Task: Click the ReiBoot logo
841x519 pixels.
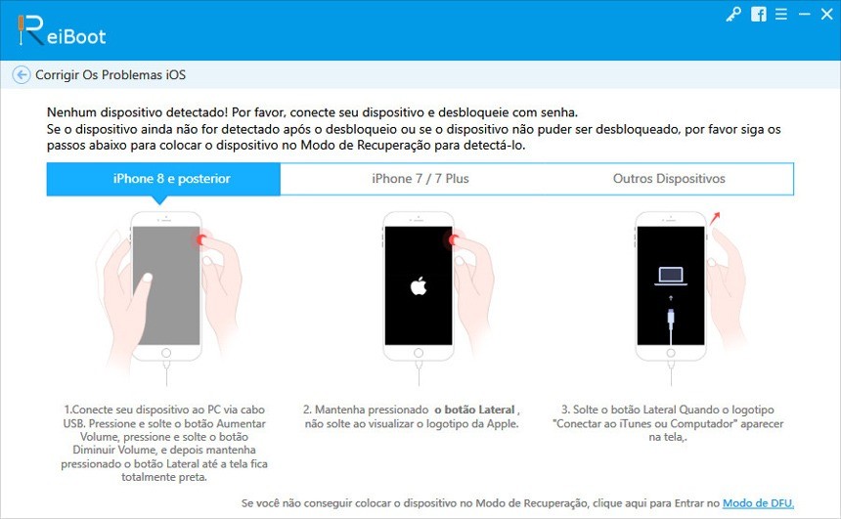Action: coord(62,31)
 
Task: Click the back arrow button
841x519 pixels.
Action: coord(22,74)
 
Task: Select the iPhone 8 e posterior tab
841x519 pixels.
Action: coord(163,179)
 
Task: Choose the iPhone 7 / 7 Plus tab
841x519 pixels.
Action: coord(420,179)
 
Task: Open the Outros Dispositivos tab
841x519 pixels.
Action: coord(669,179)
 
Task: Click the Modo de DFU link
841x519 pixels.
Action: coord(759,503)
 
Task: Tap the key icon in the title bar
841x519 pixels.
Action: coord(733,14)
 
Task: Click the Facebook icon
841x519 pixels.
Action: coord(759,14)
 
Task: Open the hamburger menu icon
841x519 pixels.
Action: coord(781,14)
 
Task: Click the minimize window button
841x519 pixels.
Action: coord(804,15)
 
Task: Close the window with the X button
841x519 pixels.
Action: coord(826,14)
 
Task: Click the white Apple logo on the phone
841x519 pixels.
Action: coord(419,285)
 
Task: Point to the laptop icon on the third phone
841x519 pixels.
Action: coord(671,276)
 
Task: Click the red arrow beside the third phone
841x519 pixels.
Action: coord(715,218)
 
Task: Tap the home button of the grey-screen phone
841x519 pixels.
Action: coord(166,353)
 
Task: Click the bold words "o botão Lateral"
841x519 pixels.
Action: coord(474,410)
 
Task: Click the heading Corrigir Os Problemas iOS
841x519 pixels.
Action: coord(111,75)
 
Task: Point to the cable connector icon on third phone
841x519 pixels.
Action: coord(671,317)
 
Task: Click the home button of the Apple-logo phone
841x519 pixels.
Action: coord(419,353)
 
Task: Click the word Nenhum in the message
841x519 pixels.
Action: coord(71,112)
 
